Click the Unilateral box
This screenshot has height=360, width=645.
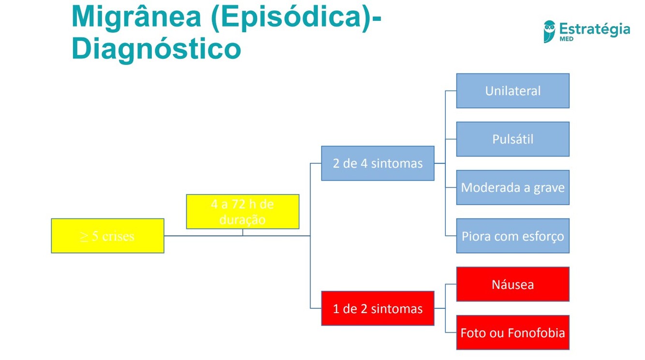tap(513, 91)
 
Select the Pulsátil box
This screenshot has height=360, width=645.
tap(513, 139)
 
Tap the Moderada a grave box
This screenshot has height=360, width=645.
tap(513, 187)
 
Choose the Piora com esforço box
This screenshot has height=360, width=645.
tap(513, 236)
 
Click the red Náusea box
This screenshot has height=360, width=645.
tap(513, 284)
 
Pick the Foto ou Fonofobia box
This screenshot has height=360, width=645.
tap(513, 332)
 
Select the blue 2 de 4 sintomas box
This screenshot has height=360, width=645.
tap(378, 163)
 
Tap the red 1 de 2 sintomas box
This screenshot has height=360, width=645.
tap(378, 308)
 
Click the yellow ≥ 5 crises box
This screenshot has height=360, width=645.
tap(107, 236)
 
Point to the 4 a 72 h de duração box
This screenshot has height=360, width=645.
tap(242, 212)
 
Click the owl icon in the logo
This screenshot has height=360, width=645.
tap(549, 31)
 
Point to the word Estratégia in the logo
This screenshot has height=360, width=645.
tap(594, 29)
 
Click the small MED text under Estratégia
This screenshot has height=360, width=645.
tap(566, 39)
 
